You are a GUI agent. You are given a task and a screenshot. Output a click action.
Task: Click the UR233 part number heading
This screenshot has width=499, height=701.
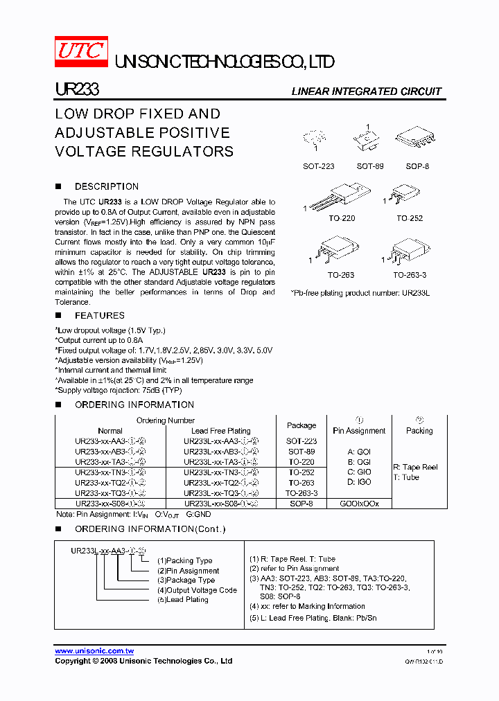(x=77, y=91)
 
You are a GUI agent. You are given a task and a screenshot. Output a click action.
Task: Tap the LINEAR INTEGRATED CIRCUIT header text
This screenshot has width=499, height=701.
(x=366, y=91)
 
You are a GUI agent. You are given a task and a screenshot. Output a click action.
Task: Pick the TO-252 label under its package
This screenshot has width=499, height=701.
(x=409, y=218)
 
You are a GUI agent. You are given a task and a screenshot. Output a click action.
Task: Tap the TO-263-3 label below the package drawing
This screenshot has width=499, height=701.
(x=410, y=275)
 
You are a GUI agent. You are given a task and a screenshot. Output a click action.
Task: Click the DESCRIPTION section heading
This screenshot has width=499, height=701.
(x=106, y=186)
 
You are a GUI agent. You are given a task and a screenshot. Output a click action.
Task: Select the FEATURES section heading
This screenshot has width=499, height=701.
(x=99, y=315)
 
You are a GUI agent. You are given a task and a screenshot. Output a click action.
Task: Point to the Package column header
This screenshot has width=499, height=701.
(x=301, y=425)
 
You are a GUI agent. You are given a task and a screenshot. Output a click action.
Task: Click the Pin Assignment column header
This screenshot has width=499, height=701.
(x=359, y=430)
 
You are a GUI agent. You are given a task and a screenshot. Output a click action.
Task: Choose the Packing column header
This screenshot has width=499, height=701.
(x=419, y=430)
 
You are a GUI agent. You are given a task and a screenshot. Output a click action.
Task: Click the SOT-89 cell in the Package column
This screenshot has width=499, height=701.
(x=301, y=451)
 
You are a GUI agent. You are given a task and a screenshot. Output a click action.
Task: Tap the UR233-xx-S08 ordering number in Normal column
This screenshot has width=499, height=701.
(x=110, y=504)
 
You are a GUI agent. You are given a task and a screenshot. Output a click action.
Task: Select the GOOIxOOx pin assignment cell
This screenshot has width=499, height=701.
(x=359, y=504)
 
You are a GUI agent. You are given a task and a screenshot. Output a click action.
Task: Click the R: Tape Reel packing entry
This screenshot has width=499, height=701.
(x=415, y=467)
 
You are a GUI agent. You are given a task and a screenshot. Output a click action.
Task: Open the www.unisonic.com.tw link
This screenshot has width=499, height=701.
(x=94, y=651)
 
